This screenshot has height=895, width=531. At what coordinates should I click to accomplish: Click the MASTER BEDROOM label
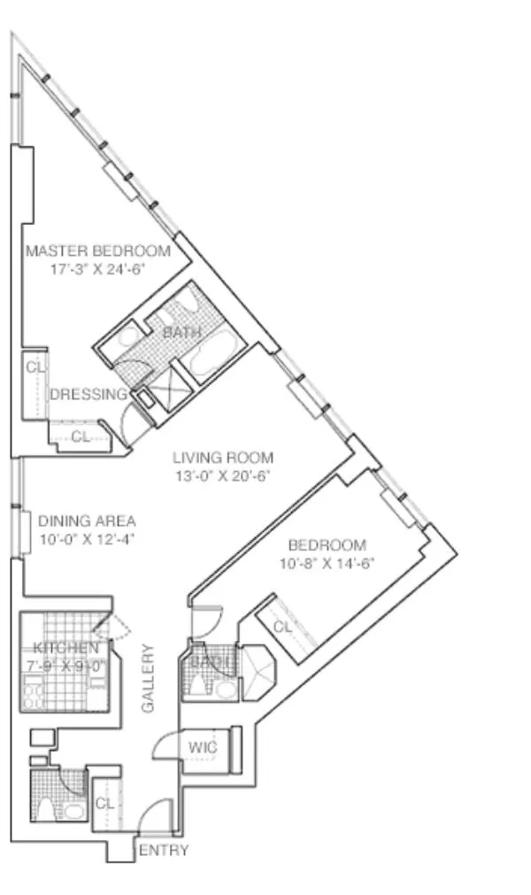[x=97, y=251]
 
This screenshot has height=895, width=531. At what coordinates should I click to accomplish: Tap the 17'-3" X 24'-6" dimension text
[x=97, y=268]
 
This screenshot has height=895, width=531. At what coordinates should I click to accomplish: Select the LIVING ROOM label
[x=222, y=458]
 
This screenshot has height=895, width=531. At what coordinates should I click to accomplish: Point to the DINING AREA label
[x=87, y=521]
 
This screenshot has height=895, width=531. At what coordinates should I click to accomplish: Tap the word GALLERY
[x=149, y=678]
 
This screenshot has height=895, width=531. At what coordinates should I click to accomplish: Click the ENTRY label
[x=164, y=851]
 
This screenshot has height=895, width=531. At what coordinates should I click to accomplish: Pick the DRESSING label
[x=88, y=395]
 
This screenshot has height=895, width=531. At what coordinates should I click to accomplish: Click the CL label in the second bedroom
[x=282, y=627]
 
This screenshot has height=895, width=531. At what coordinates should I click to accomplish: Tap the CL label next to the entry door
[x=104, y=803]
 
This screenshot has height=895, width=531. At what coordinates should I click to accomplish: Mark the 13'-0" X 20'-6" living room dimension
[x=222, y=475]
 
